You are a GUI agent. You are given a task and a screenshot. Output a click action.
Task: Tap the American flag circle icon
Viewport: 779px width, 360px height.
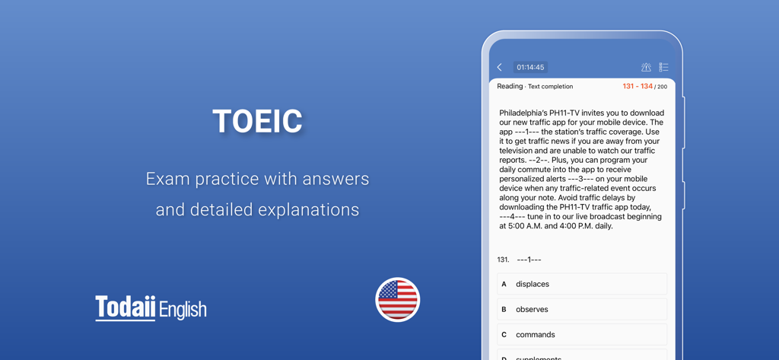(397, 299)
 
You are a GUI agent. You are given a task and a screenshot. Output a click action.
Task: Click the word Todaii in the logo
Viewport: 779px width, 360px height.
(126, 307)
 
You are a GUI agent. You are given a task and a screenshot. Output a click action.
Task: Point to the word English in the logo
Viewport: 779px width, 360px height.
(183, 309)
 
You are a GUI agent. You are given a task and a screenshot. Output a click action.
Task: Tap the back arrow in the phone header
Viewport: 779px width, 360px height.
(500, 68)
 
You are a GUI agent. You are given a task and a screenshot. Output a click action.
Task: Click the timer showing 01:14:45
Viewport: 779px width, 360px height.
(530, 68)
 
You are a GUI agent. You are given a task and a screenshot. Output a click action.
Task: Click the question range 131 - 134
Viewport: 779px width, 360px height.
(637, 87)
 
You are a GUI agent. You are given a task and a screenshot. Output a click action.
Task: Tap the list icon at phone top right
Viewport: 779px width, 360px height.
(663, 68)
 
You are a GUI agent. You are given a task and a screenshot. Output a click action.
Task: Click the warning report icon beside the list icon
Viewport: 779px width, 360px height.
(646, 68)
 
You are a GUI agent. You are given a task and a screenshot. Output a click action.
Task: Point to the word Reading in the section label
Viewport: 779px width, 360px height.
(510, 87)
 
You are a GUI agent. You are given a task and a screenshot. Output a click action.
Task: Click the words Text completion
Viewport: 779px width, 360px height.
(550, 87)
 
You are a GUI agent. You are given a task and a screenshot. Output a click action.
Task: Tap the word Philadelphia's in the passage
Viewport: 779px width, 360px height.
(526, 113)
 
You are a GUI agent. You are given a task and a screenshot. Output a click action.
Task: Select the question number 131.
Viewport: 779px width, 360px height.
(503, 260)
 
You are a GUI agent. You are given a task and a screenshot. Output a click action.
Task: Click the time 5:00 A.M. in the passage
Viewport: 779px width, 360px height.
(526, 226)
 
